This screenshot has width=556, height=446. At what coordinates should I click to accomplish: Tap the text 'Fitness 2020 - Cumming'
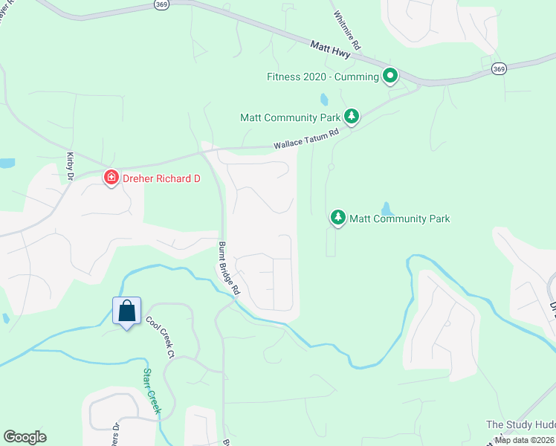click(323, 77)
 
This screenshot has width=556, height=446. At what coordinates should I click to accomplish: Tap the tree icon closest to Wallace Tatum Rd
click(352, 117)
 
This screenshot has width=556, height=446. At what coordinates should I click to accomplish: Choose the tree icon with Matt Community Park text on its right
click(338, 218)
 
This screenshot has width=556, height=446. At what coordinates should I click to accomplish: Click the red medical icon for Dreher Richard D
click(111, 178)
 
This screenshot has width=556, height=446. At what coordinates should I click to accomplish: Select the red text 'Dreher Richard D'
click(161, 178)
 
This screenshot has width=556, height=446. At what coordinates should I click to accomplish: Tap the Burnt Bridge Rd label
click(228, 268)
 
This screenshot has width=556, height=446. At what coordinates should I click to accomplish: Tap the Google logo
click(25, 437)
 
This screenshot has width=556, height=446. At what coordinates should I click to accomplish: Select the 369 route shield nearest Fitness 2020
click(498, 68)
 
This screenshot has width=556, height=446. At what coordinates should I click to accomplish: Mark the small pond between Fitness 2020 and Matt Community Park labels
click(323, 99)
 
